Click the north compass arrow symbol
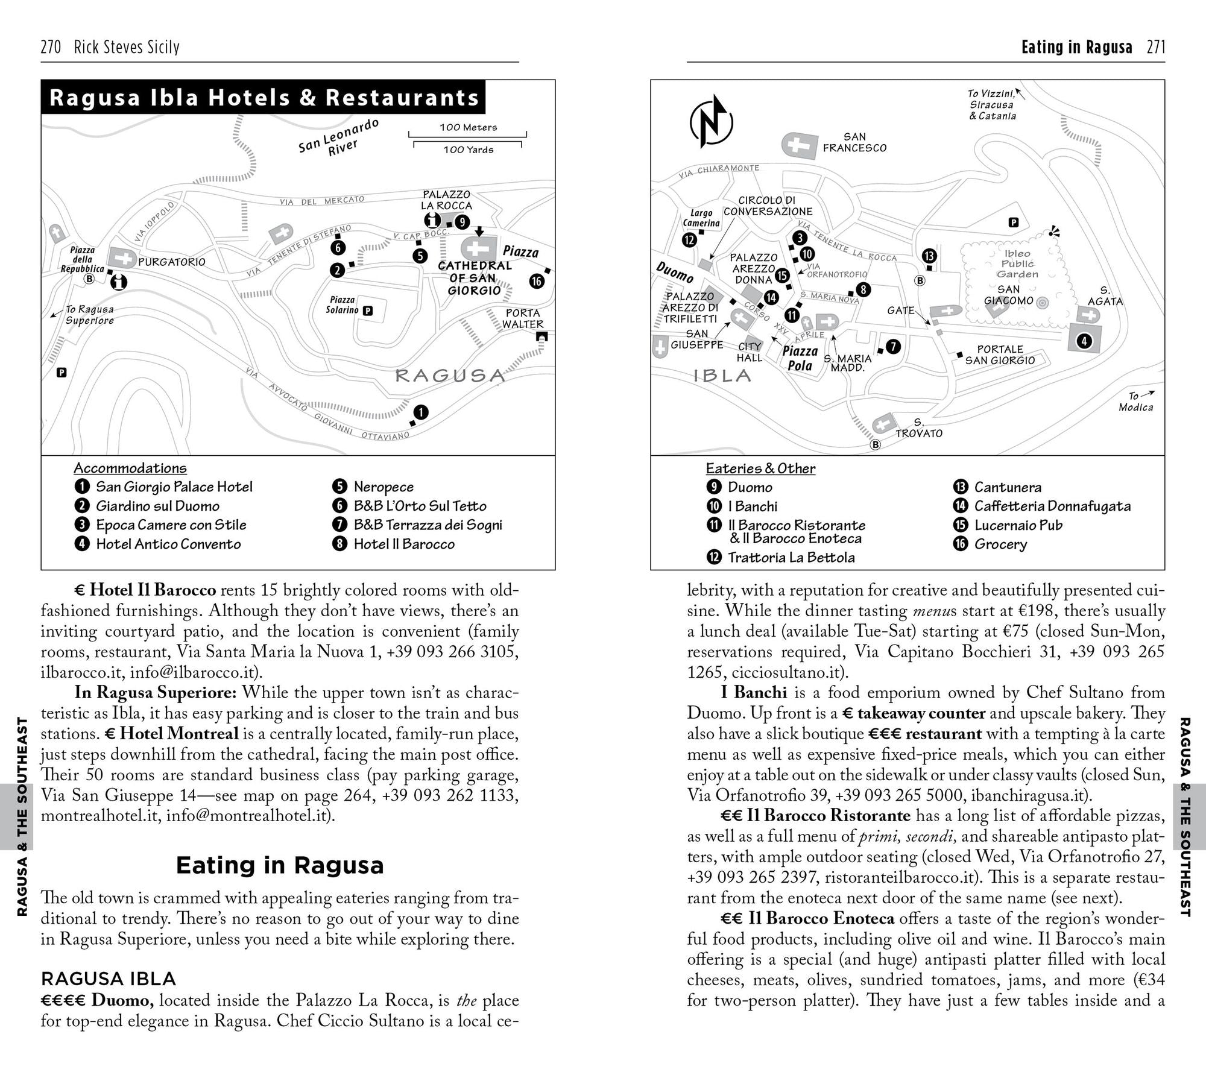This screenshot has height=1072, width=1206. [x=711, y=122]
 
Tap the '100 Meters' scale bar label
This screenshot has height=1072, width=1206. [x=468, y=127]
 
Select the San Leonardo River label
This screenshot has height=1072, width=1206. [x=339, y=138]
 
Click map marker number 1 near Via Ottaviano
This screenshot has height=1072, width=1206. [x=420, y=412]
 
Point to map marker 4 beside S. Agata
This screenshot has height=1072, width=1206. [x=1084, y=341]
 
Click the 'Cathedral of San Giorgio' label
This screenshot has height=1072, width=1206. [x=475, y=278]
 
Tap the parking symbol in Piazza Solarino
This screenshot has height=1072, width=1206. [x=367, y=311]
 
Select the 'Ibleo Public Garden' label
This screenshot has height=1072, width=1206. [x=1017, y=264]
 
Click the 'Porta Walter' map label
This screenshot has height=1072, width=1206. [x=523, y=318]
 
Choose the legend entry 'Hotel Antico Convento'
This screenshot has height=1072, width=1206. [x=168, y=544]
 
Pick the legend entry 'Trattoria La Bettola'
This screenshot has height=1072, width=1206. [x=791, y=557]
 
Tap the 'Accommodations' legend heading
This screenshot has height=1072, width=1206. [x=130, y=468]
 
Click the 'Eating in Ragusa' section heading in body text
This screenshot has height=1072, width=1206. [x=280, y=865]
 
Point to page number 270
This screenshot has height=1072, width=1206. [x=51, y=47]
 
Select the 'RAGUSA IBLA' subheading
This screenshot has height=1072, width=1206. [x=108, y=978]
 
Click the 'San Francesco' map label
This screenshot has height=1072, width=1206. [x=854, y=142]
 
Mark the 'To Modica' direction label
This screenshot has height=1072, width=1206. [x=1136, y=402]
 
